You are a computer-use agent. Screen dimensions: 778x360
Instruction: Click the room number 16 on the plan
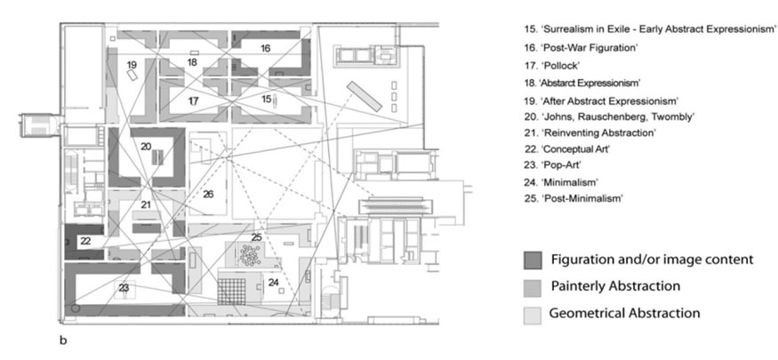266,48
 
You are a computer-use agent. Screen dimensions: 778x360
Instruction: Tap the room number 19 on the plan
132,65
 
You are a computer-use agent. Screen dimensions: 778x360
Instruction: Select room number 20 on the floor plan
146,147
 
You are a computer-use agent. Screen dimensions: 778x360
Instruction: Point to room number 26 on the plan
208,195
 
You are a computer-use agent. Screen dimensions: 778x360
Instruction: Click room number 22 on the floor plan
85,241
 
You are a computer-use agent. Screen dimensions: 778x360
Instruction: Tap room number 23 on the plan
124,288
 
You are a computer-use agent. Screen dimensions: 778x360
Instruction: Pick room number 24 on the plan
273,282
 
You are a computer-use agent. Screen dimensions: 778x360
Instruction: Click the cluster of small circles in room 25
250,255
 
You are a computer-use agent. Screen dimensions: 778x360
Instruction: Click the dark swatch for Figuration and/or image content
533,260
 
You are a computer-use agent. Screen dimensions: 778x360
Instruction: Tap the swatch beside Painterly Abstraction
533,288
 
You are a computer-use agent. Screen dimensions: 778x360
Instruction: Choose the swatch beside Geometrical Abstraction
533,316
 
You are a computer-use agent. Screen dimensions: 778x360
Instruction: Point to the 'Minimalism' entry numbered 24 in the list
561,181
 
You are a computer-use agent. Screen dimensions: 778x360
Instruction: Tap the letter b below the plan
63,340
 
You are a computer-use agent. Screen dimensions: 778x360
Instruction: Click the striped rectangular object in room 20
157,156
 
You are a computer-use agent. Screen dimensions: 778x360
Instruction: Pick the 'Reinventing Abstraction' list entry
590,133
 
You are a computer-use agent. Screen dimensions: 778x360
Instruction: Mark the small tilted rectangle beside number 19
132,76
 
